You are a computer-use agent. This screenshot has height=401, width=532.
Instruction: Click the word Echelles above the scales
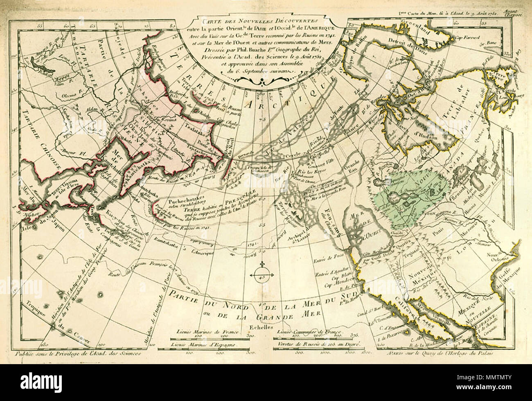[x=261, y=328]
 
